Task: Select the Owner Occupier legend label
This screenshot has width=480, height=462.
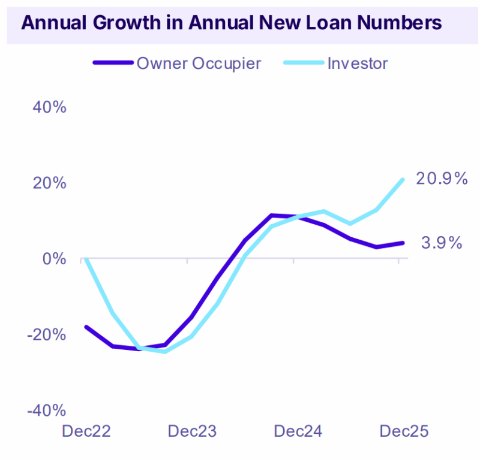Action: coord(199,63)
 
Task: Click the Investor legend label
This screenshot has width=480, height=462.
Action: coord(358,63)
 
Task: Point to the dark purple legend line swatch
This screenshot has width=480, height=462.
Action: coord(112,63)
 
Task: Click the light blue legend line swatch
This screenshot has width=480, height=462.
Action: coord(302,63)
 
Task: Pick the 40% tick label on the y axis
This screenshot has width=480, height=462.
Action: coord(49,107)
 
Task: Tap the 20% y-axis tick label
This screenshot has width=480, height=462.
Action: coord(49,183)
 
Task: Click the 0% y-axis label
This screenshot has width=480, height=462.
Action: coord(55,259)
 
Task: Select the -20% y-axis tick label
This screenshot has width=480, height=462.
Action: coord(46,334)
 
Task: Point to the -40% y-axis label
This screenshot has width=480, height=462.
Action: coord(46,410)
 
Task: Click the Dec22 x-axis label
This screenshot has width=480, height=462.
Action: coord(85,431)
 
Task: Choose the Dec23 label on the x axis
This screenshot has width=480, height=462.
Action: coord(191,431)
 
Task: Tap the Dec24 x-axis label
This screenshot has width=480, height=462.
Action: coord(298,431)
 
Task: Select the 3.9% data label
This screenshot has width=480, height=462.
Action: coord(441,243)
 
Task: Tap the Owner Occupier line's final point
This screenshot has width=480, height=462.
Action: coord(403,243)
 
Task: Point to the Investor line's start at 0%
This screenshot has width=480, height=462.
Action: coord(85,258)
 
